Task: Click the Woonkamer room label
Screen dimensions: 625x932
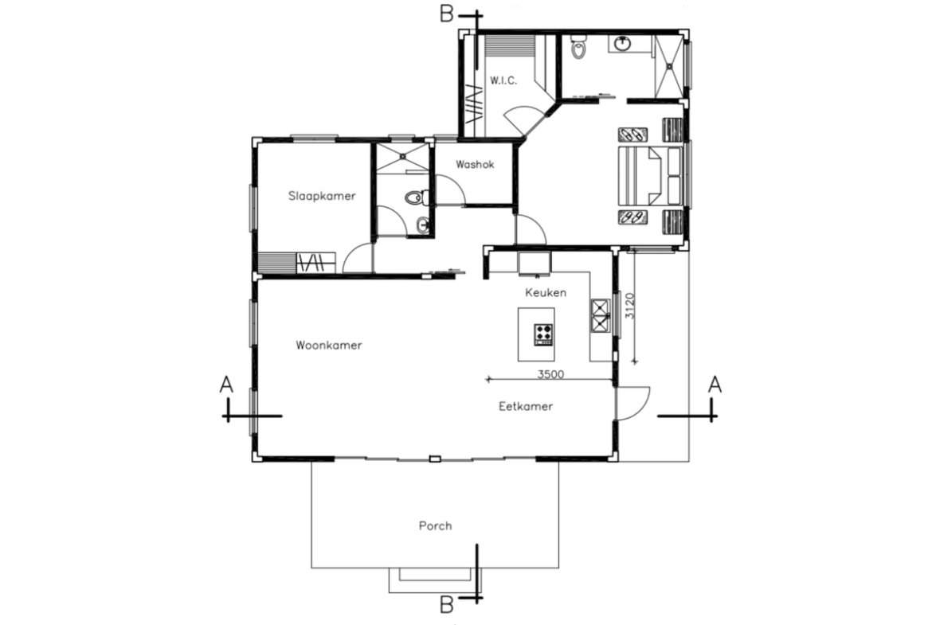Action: coord(329,346)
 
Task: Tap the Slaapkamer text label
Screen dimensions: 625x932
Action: coord(322,195)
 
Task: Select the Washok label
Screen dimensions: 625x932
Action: coord(475,165)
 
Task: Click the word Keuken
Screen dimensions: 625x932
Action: coord(546,292)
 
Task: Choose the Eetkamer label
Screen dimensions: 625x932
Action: coord(526,406)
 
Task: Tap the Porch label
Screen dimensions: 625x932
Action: coord(436,525)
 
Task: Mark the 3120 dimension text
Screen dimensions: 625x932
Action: coord(629,307)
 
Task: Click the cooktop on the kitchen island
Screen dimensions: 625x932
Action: coord(543,334)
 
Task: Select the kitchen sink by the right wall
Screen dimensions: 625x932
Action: coord(600,315)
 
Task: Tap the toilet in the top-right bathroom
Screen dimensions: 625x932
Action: coord(579,51)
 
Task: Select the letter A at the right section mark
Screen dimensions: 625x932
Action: coord(715,385)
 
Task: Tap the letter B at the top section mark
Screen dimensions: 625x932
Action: coord(447,14)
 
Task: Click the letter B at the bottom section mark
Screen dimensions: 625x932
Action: coord(447,605)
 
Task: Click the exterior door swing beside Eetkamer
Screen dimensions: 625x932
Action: coord(633,403)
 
